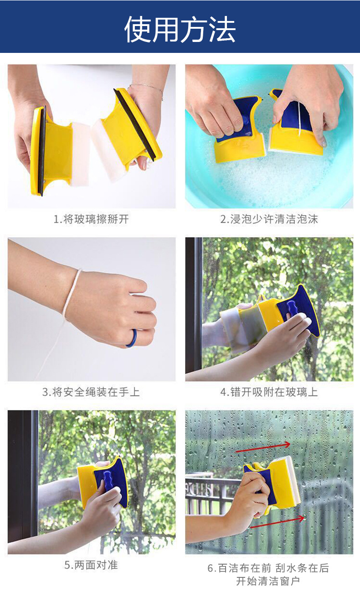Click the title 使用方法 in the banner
tap(180, 29)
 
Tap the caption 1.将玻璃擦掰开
tap(91, 219)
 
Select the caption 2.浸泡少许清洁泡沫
tap(269, 219)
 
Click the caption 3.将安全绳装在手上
tap(91, 392)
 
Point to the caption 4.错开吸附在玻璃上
tap(269, 392)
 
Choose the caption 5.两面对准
tap(91, 565)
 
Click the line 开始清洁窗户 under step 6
tap(268, 581)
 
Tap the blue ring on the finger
tap(131, 338)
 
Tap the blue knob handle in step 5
tap(109, 481)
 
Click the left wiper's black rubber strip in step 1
tap(41, 151)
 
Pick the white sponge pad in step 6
tap(292, 483)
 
